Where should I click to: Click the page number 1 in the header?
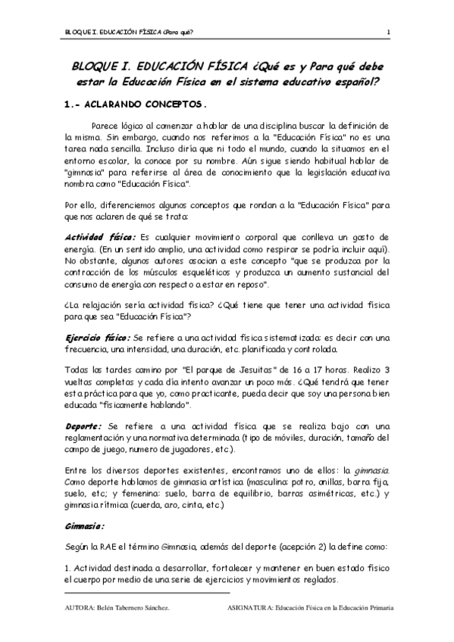coord(389,32)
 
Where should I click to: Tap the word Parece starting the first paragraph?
coord(106,124)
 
